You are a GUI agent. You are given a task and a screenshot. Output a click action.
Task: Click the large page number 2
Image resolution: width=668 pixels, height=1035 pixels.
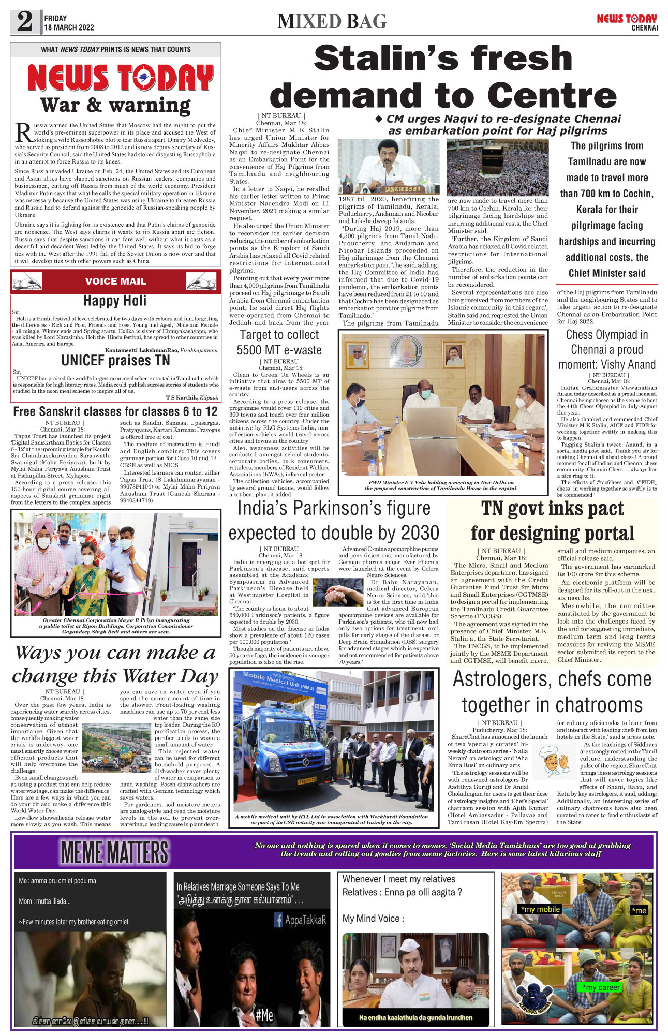(25, 22)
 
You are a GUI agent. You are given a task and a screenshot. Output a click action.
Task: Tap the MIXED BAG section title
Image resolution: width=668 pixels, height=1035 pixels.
(332, 22)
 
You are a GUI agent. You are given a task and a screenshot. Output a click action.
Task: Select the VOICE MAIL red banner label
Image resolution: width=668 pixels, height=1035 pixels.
(115, 282)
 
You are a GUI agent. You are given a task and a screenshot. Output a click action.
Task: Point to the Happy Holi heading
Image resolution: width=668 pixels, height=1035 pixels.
(115, 301)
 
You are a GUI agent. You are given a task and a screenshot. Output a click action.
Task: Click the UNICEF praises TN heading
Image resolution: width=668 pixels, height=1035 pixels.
(115, 360)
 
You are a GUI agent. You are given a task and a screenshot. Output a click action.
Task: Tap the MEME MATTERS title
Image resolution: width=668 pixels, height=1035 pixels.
(115, 852)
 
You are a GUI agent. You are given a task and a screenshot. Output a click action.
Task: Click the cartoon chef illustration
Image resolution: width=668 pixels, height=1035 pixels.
(554, 761)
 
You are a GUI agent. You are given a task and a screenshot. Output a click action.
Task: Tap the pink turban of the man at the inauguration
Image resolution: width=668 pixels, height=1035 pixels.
(43, 525)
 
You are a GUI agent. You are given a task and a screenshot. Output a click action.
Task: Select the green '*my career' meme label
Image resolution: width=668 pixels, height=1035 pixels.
(600, 987)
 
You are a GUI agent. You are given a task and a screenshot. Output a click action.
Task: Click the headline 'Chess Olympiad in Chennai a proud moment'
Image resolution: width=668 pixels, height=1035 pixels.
(607, 350)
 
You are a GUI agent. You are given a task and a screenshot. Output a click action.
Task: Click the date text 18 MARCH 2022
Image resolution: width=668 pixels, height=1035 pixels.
(69, 27)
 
